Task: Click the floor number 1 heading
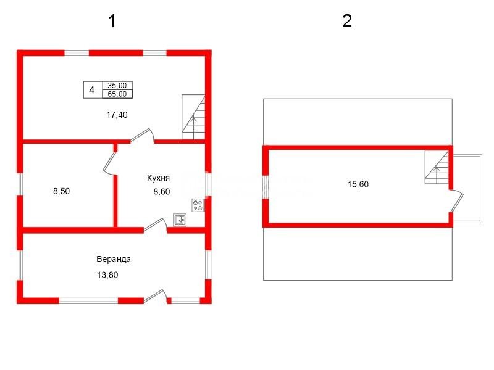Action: coord(112,21)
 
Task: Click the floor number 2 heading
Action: coord(347,21)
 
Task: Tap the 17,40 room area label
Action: coord(117,115)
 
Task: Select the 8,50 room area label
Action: coord(61,191)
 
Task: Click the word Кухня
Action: coord(158,178)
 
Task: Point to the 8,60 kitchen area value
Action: coord(162,191)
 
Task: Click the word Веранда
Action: coord(114,259)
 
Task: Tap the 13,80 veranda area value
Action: coord(107,274)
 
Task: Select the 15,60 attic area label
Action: coord(358,184)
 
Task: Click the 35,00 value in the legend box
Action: coord(117,86)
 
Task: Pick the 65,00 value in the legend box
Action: coord(117,94)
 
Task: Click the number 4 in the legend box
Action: coord(91,90)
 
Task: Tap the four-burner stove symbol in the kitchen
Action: coord(198,205)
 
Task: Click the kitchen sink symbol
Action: coord(180,220)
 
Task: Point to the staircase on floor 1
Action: coord(193,117)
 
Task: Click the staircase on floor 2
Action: coord(437,166)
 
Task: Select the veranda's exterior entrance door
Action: coord(156,297)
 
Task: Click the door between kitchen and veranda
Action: coord(156,225)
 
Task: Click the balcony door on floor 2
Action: coord(456,201)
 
